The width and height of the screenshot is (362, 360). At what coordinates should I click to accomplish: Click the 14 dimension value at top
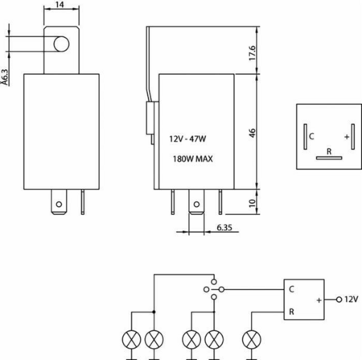click(x=60, y=5)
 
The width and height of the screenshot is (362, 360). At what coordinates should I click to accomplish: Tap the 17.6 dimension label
click(x=253, y=52)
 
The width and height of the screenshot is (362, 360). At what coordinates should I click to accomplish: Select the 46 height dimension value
click(x=253, y=133)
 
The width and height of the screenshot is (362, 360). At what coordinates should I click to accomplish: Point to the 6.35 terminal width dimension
click(x=224, y=227)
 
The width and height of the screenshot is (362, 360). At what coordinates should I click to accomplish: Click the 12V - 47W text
click(x=187, y=139)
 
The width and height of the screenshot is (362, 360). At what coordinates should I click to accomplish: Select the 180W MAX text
click(x=193, y=159)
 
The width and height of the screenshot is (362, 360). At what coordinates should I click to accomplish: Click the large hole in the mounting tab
click(x=61, y=44)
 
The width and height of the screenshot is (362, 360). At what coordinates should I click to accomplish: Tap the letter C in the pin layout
click(x=311, y=136)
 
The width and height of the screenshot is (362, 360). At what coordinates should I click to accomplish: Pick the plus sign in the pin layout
click(x=347, y=137)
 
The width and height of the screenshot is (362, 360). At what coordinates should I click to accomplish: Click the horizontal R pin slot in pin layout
click(x=329, y=158)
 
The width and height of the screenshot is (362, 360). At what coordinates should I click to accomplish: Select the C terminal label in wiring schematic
click(x=291, y=289)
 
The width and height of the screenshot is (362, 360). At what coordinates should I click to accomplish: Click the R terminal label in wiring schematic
click(x=291, y=312)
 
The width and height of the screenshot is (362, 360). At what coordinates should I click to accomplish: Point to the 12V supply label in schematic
click(x=352, y=299)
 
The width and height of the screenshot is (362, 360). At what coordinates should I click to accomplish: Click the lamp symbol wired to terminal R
click(x=252, y=339)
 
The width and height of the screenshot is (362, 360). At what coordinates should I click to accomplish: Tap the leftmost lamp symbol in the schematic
click(x=131, y=339)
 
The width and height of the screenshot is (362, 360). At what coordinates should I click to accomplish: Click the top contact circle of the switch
click(x=214, y=282)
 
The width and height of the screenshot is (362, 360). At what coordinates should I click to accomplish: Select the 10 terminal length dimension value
click(x=253, y=203)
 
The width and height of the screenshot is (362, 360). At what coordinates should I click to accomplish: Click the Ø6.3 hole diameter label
click(x=6, y=77)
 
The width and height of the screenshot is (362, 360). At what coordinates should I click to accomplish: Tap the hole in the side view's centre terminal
click(x=196, y=205)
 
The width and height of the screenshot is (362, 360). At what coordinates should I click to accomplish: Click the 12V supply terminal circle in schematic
click(x=339, y=300)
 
